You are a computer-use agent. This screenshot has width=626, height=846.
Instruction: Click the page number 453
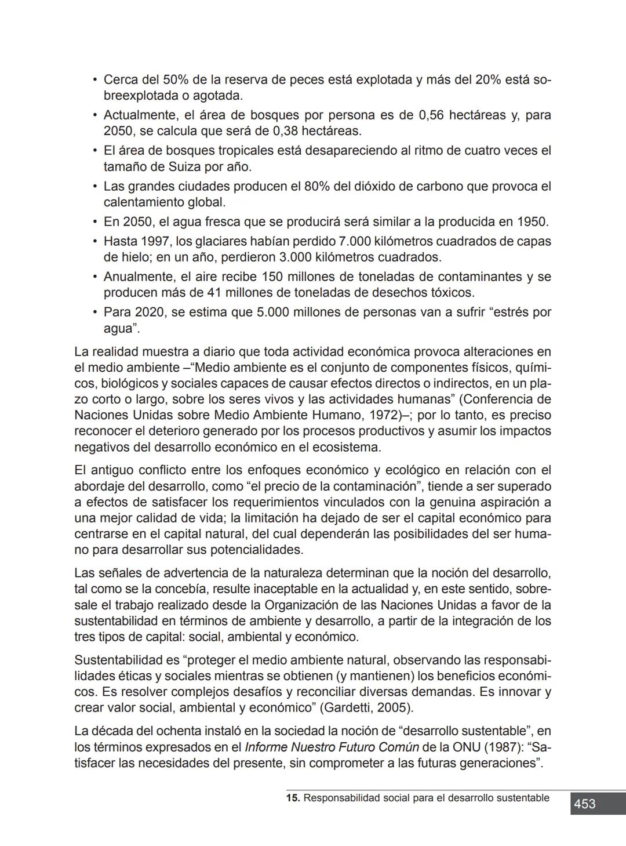[x=585, y=804]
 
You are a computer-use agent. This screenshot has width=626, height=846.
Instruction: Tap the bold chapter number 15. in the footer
[x=293, y=798]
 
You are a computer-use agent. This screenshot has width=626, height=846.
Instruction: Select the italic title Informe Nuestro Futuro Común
[x=332, y=747]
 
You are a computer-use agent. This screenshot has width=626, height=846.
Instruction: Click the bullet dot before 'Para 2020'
[x=94, y=312]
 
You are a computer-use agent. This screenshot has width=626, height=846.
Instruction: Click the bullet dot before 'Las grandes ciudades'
[x=94, y=186]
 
